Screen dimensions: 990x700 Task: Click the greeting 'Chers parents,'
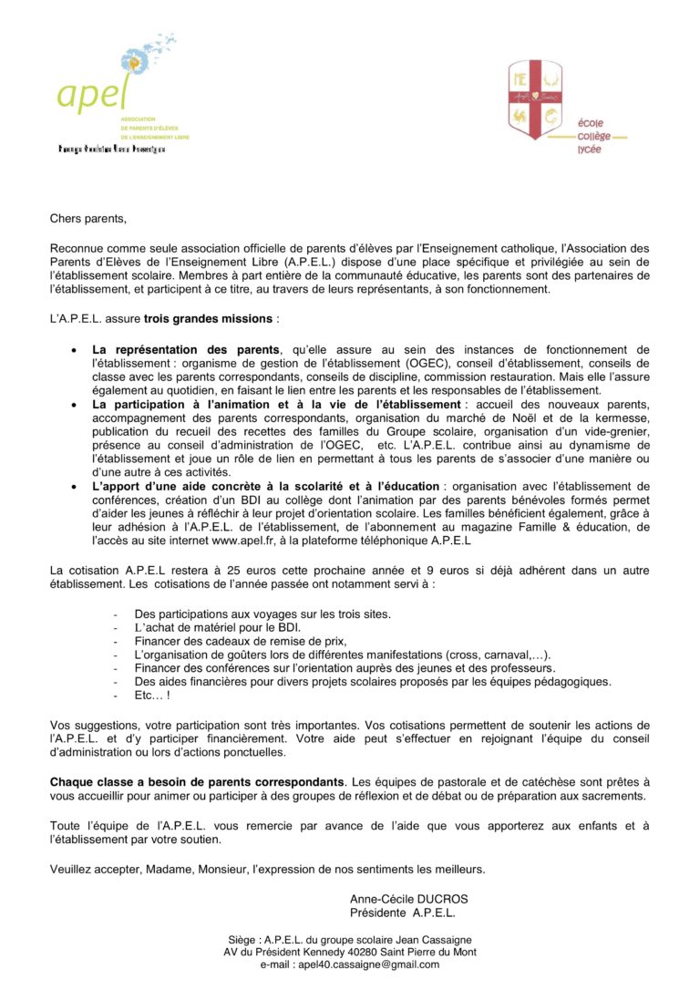click(88, 219)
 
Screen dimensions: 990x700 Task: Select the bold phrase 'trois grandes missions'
click(209, 319)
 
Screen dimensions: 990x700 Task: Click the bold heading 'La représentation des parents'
click(186, 350)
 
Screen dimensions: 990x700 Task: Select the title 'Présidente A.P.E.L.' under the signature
click(402, 913)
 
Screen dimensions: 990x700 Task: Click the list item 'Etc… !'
click(151, 696)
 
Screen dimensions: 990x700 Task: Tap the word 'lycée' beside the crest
click(589, 150)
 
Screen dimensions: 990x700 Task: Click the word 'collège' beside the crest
click(594, 136)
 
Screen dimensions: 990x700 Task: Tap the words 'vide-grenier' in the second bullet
click(614, 430)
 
